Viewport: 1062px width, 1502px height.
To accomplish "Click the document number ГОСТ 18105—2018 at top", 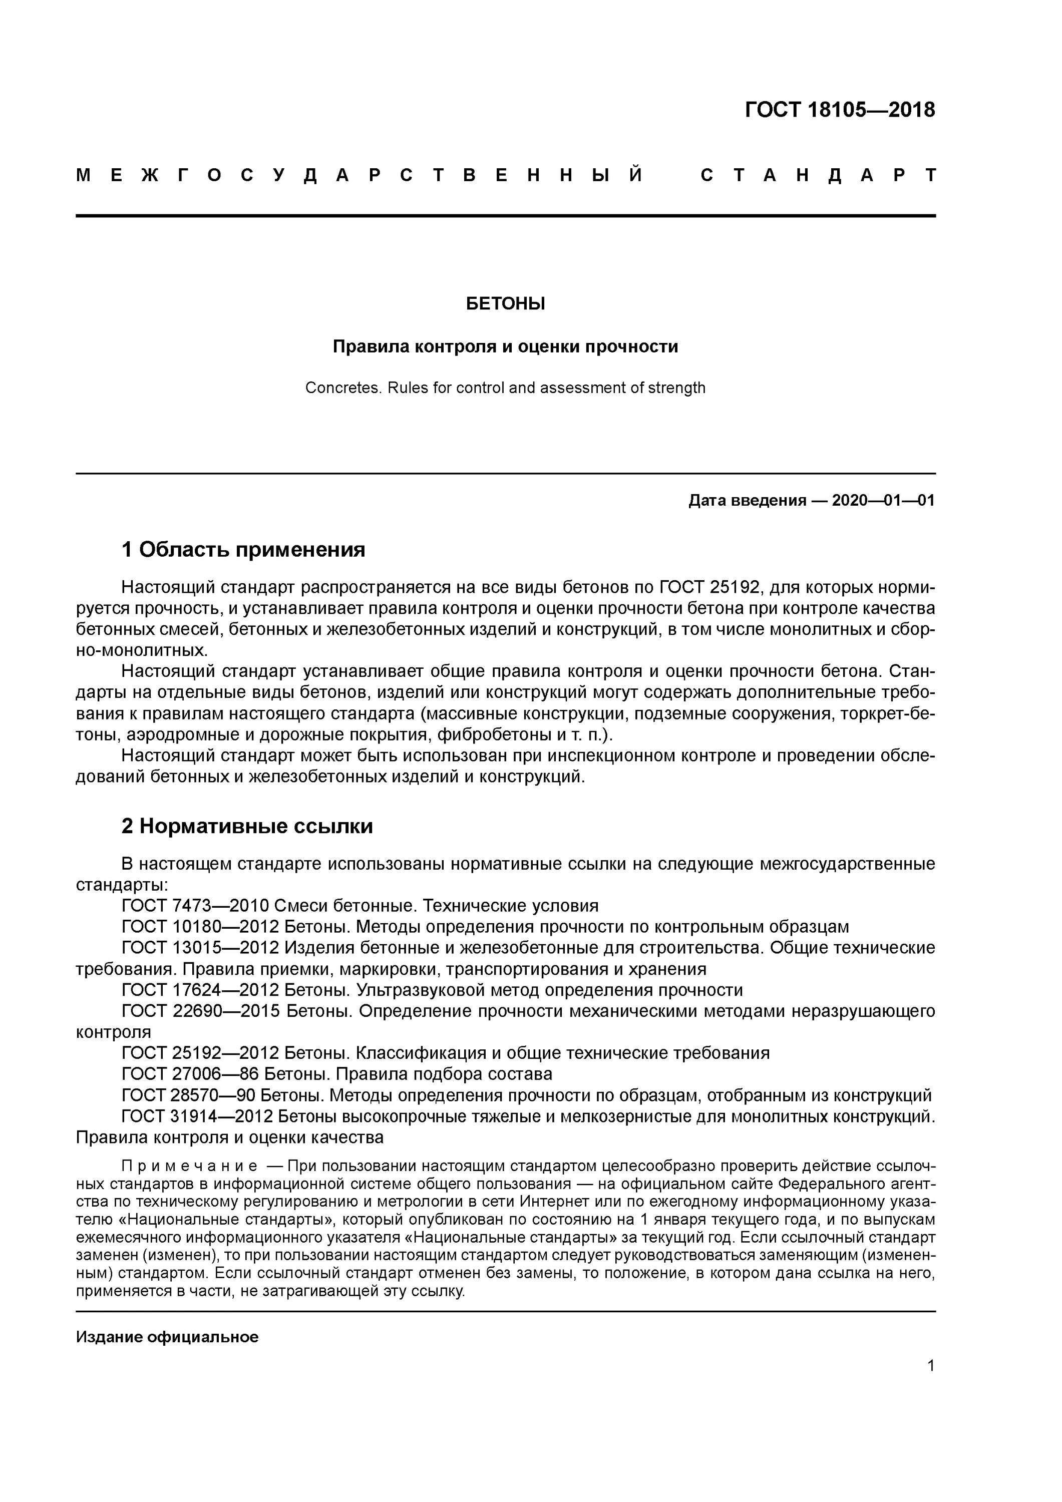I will point(840,109).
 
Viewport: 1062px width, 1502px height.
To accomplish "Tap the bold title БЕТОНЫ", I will point(505,303).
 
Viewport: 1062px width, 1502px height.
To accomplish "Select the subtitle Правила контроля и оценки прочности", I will point(505,346).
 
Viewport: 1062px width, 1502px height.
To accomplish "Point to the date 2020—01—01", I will point(883,501).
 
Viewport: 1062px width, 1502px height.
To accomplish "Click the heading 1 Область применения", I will point(243,550).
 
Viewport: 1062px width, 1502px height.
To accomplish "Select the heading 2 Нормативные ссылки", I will point(247,826).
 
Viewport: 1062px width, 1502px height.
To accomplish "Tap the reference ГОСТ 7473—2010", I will point(195,906).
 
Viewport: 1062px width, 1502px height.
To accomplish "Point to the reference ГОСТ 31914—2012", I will point(200,1116).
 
